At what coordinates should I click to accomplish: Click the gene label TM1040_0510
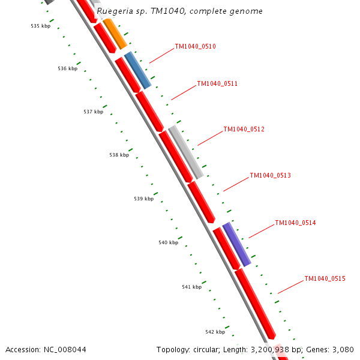tap(195, 47)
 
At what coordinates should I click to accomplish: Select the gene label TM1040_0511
tap(217, 84)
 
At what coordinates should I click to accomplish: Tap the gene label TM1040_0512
tap(244, 130)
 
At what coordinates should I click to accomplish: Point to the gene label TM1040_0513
tap(270, 176)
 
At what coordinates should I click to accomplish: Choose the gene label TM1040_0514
tap(295, 223)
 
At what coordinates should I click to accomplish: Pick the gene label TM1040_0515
tap(325, 278)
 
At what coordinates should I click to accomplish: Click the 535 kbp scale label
tap(40, 26)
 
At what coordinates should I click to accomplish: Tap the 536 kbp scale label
tap(67, 69)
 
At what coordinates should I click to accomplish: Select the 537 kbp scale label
tap(93, 112)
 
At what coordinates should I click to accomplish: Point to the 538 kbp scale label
tap(119, 155)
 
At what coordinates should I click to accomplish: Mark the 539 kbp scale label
tap(143, 199)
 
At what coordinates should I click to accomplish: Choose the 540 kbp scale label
tap(168, 243)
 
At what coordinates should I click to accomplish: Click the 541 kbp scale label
tap(191, 287)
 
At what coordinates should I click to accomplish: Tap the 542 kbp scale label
tap(215, 332)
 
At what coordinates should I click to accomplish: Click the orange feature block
tap(115, 34)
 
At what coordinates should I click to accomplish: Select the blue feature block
tap(137, 70)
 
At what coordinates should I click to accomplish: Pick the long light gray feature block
tap(186, 152)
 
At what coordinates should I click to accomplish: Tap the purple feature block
tap(236, 244)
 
